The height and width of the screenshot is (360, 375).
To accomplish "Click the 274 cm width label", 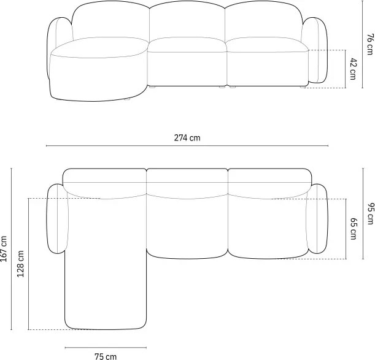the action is coord(187,138).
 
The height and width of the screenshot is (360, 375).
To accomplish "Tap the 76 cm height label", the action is coord(369,44).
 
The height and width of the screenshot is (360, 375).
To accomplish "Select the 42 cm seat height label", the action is coord(353,69).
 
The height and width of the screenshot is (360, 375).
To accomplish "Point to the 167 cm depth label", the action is coord(4,248).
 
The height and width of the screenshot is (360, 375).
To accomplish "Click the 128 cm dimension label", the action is coord(21,264).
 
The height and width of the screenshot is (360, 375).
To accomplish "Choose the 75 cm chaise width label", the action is coord(106,356).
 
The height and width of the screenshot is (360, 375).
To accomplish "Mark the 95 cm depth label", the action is coord(370,213).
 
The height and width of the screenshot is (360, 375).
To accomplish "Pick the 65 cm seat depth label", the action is coord(354,229).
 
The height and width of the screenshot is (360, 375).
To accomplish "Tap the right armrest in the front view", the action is coord(315,50).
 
